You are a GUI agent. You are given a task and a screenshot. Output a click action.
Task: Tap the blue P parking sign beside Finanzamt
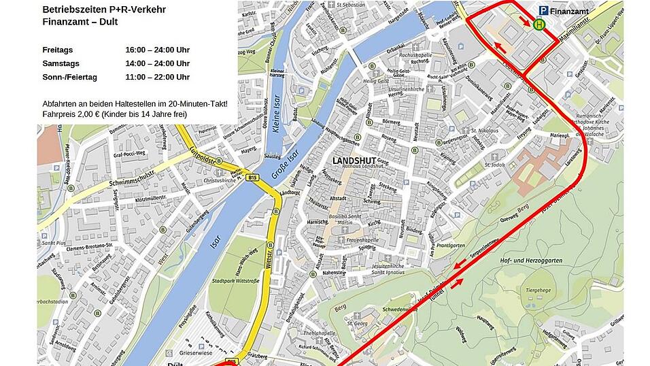pos(544,10)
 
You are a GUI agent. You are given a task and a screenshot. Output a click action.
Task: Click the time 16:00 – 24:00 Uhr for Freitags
pos(157,50)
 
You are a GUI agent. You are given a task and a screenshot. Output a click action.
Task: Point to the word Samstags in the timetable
pos(60,63)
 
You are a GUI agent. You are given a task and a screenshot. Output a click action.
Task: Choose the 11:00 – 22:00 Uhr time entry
pos(157,77)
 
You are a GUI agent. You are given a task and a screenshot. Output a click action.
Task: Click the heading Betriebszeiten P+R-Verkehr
pos(103,10)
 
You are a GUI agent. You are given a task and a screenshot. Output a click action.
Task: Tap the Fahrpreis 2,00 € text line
pos(114,114)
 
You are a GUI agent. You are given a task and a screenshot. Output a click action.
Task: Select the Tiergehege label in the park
pos(536,290)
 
